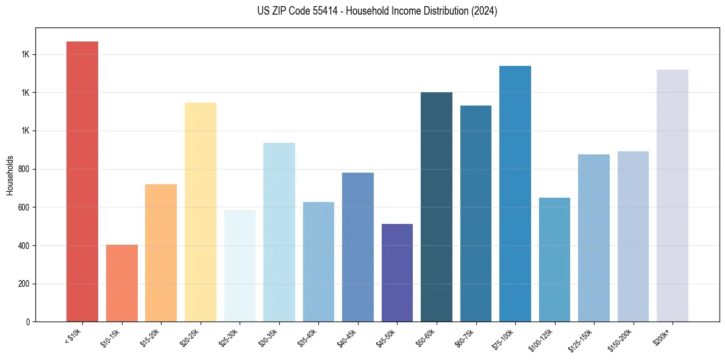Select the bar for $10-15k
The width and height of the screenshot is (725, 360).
(x=121, y=283)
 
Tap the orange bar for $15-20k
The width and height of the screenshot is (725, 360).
(x=161, y=253)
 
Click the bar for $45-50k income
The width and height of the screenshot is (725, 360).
(x=397, y=273)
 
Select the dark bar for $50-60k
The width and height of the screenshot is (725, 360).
(x=437, y=207)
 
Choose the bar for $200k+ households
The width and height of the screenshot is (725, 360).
(x=673, y=195)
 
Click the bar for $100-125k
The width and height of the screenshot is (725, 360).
(x=554, y=259)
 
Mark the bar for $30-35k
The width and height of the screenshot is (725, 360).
(x=279, y=232)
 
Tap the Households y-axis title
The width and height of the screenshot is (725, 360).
(x=10, y=175)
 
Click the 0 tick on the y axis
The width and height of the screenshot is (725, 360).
(x=29, y=322)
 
